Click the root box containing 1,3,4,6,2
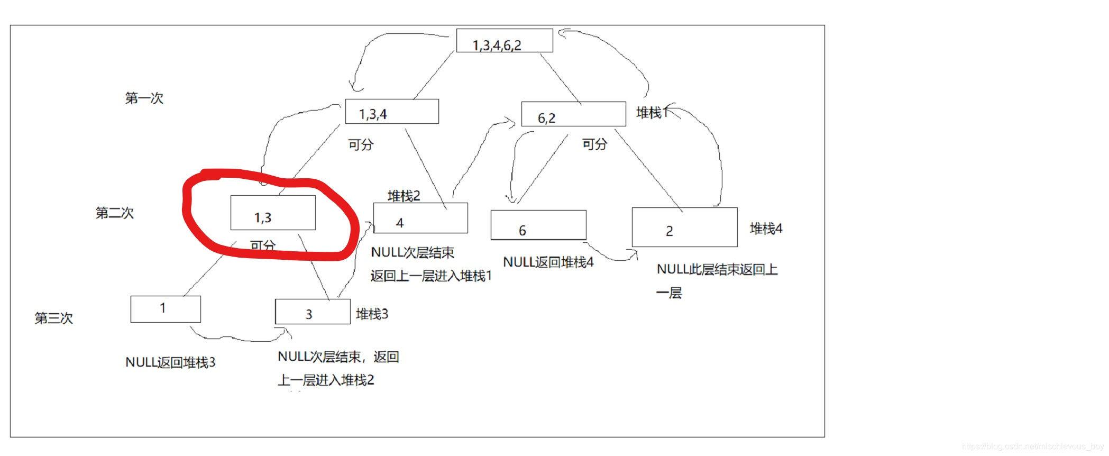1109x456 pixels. (x=504, y=41)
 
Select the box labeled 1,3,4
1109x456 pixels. (x=391, y=112)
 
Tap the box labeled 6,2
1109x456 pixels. (x=573, y=114)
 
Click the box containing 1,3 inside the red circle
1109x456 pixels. (x=273, y=213)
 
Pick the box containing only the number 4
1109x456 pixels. (x=420, y=218)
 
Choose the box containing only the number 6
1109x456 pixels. (x=538, y=225)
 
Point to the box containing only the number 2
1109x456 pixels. (x=684, y=227)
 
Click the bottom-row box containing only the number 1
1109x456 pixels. (x=166, y=309)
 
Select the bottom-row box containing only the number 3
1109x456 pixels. (x=312, y=312)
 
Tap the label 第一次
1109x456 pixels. (x=144, y=98)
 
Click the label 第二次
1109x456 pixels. (x=114, y=213)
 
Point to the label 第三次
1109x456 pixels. (x=53, y=318)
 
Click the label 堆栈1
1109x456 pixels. (x=652, y=113)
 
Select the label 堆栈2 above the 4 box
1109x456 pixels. (x=404, y=196)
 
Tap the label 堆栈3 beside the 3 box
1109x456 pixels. (x=372, y=314)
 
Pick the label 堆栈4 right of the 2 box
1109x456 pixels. (x=766, y=229)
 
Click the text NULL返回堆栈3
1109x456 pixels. (x=170, y=362)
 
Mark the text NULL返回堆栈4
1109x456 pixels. (x=548, y=262)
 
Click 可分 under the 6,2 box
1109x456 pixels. (x=594, y=144)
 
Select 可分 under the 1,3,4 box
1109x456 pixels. (x=361, y=144)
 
